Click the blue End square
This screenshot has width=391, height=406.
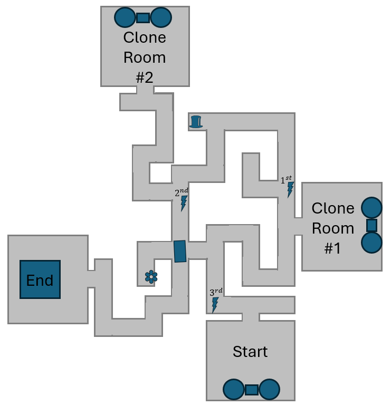click(40, 279)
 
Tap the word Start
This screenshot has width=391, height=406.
click(250, 352)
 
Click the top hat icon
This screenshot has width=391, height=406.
click(196, 122)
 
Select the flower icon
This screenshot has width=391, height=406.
click(151, 277)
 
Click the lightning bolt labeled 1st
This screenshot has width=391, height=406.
click(290, 190)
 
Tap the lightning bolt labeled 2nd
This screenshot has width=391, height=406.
click(184, 203)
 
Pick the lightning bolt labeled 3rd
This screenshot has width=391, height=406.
click(215, 305)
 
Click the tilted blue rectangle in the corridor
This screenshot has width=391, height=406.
click(180, 251)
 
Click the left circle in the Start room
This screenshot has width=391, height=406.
click(233, 390)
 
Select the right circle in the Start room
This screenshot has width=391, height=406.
click(269, 390)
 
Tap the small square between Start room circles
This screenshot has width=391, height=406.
click(251, 390)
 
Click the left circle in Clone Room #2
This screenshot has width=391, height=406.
click(125, 17)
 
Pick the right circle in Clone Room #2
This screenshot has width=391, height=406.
click(161, 17)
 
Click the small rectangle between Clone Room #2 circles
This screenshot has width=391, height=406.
click(142, 17)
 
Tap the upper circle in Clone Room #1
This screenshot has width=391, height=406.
click(371, 208)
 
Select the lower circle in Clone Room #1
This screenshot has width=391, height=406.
click(371, 243)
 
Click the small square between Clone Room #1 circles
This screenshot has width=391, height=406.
click(371, 225)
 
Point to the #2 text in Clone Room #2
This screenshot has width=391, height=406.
click(144, 78)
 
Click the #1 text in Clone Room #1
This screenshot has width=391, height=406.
click(332, 248)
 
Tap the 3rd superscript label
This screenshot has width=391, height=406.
click(216, 292)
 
